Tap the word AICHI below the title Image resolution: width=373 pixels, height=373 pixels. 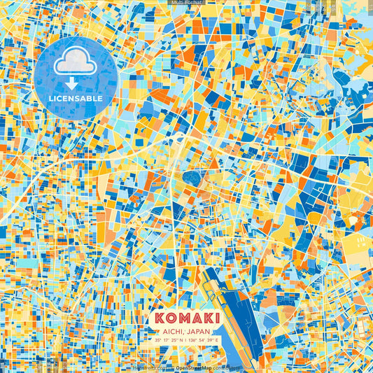pos(172,330)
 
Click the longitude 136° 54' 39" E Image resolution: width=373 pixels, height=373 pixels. pos(204,339)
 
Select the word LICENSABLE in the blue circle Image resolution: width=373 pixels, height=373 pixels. pos(76,99)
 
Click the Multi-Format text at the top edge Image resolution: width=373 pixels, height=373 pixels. pos(186,3)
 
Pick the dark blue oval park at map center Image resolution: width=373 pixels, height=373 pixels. pos(192,178)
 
